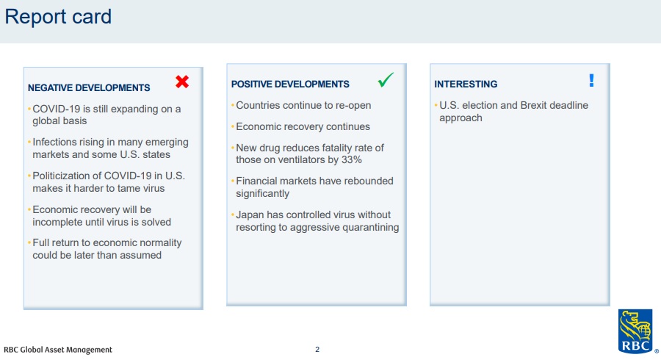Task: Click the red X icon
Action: pos(182,82)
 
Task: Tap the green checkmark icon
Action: pos(386,79)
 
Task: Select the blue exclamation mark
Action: pos(591,80)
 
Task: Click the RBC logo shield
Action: pos(635,331)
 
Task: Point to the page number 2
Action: pos(317,350)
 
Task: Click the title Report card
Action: pos(58,17)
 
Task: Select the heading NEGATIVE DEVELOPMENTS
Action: pos(89,87)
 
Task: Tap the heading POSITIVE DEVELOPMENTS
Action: pos(290,84)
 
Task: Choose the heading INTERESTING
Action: pos(466,84)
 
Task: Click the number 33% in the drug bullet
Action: pos(351,159)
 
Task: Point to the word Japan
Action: pos(250,215)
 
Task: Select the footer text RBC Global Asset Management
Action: pos(58,350)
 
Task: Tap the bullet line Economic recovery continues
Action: pos(303,127)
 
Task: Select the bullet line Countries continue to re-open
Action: pos(303,105)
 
